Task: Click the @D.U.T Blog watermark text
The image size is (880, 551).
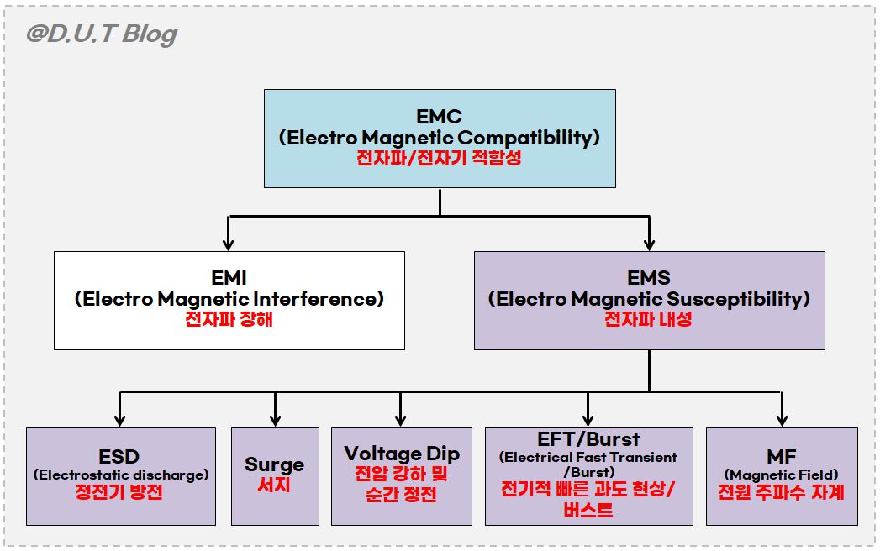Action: (x=102, y=34)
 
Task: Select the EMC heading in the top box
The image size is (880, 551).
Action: (x=440, y=117)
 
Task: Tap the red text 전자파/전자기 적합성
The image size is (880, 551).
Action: (x=440, y=158)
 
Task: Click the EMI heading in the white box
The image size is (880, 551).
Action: (x=229, y=278)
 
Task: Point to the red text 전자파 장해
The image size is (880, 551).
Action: (x=229, y=319)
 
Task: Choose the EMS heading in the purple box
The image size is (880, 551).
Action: (x=649, y=278)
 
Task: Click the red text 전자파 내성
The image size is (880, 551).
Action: (x=649, y=319)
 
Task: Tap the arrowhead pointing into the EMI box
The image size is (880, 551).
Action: (x=229, y=244)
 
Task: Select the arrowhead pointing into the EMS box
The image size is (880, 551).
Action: (x=649, y=244)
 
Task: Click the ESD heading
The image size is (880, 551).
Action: (x=120, y=458)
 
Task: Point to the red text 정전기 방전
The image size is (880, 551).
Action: (x=120, y=492)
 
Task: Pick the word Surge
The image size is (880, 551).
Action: (x=275, y=464)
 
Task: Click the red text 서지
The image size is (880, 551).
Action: (x=275, y=485)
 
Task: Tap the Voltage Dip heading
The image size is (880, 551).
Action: (x=401, y=454)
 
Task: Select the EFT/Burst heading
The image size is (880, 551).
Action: (x=588, y=439)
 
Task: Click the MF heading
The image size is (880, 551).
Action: (x=782, y=458)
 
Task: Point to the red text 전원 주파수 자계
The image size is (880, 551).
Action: (x=782, y=492)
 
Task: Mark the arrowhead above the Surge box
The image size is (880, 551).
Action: (x=275, y=419)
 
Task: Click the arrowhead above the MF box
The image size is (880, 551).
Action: (x=782, y=419)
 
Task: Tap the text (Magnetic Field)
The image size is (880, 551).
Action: (x=782, y=475)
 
